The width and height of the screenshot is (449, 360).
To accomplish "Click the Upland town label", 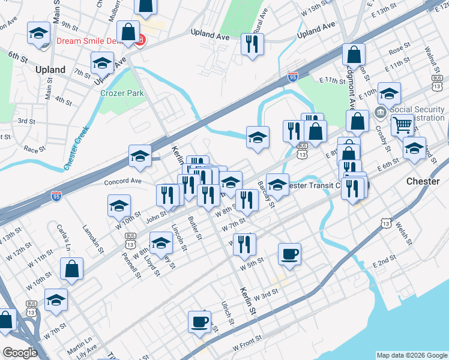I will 50,70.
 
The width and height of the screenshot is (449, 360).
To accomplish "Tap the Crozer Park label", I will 122,94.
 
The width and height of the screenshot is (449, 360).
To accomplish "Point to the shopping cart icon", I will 402,125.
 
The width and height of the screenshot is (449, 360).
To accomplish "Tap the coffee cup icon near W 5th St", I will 289,253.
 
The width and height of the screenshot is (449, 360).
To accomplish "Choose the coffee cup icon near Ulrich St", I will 199,321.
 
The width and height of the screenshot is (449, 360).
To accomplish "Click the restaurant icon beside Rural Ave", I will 252,43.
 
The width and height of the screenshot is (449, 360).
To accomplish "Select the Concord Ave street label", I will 122,181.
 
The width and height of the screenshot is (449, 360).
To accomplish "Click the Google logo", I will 20,352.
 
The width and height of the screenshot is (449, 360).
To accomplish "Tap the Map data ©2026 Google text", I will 411,355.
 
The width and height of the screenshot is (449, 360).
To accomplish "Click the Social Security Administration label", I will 417,114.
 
